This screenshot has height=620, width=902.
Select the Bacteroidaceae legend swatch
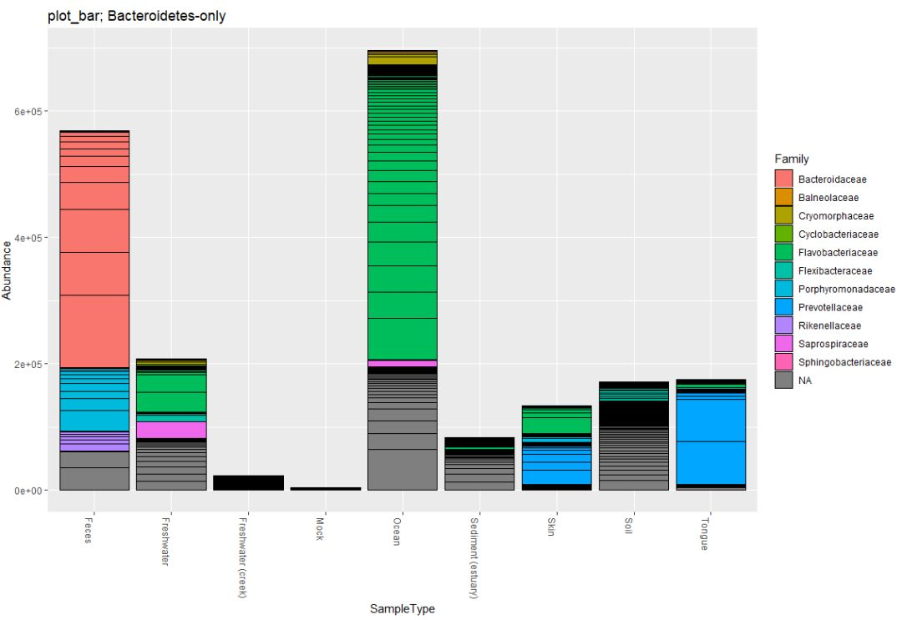tap(783, 179)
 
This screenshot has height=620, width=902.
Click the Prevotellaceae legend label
tap(829, 307)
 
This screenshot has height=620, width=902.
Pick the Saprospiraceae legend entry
tap(833, 344)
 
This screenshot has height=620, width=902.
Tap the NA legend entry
tap(804, 381)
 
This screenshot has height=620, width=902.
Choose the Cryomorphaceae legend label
tap(836, 215)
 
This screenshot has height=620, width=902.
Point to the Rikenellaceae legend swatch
tap(783, 325)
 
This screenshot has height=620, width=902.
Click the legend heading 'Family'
tap(791, 159)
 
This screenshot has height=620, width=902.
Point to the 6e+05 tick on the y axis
tap(29, 112)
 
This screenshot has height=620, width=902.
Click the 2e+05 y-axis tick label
tap(29, 365)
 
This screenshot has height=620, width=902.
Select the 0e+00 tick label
tap(29, 491)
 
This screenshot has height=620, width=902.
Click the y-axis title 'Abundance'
tap(8, 267)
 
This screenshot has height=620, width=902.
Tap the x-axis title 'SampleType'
tap(402, 609)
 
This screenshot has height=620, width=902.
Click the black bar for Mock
tap(326, 488)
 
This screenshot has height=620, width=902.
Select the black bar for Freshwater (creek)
tap(248, 482)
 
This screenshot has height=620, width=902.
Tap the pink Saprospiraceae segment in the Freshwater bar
tap(171, 430)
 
